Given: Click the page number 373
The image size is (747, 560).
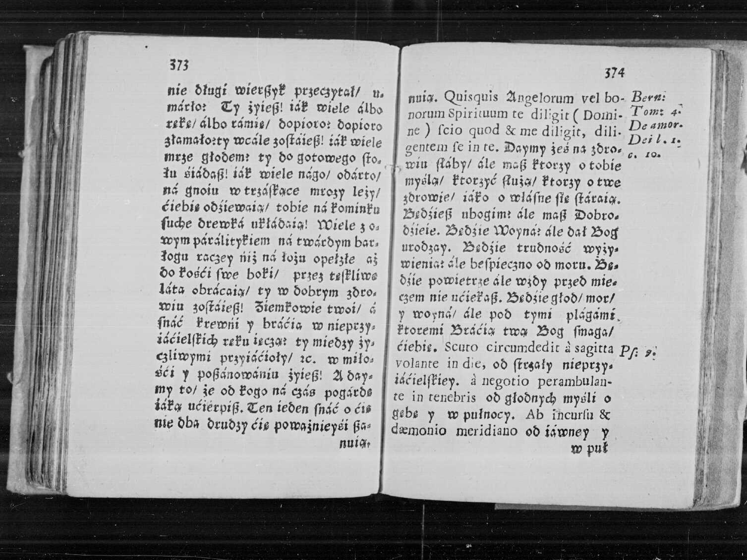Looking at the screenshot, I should tap(179, 65).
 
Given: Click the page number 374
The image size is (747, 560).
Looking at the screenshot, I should tap(614, 73).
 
